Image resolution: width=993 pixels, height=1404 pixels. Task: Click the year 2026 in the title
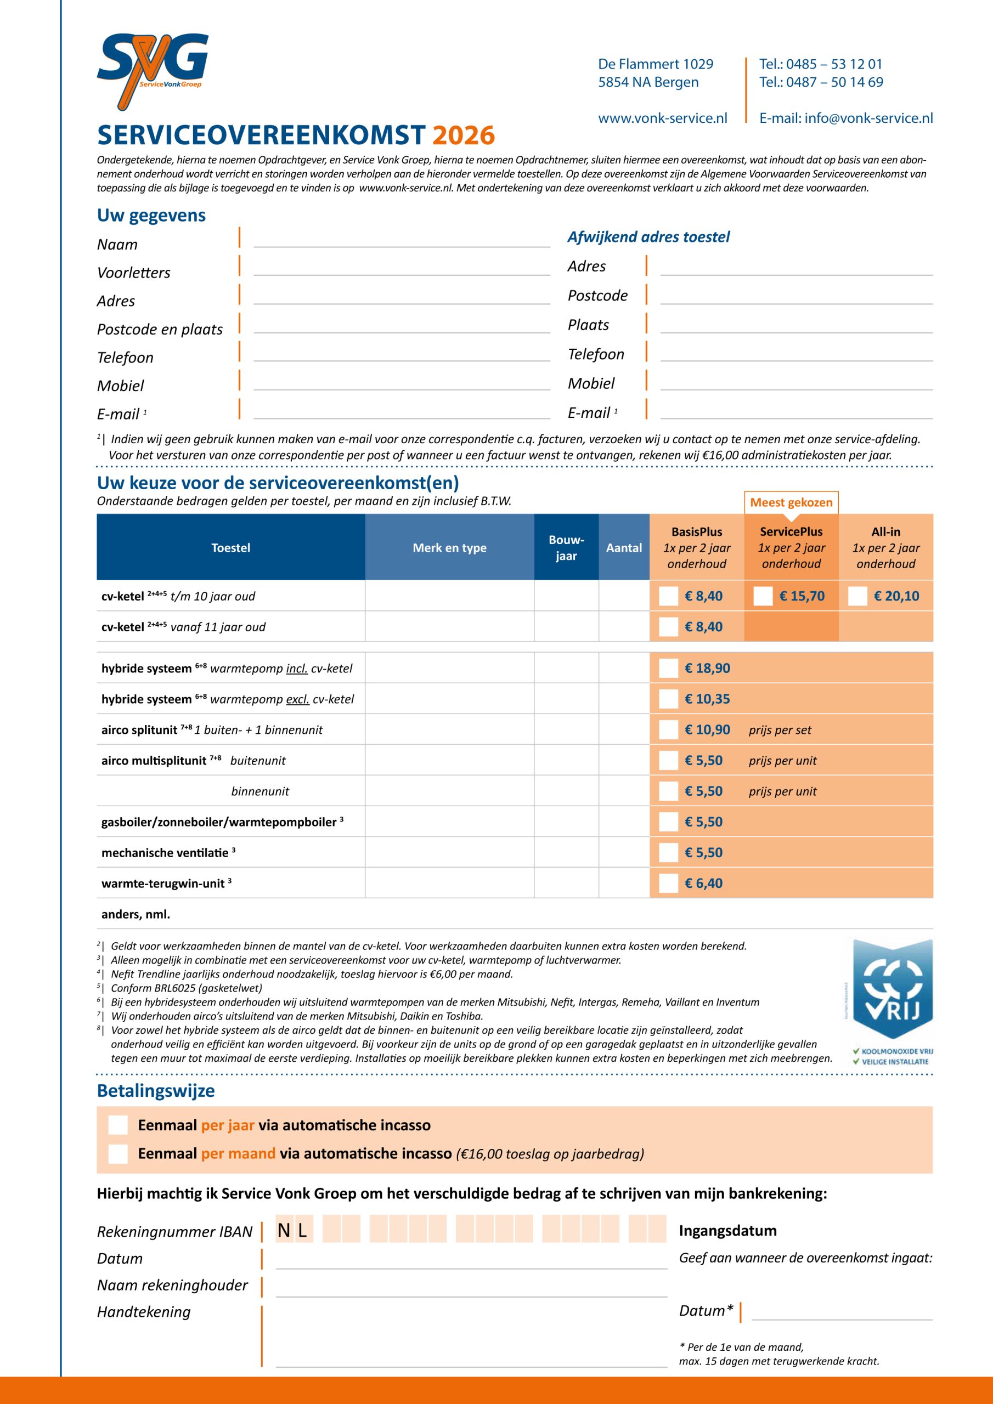463,135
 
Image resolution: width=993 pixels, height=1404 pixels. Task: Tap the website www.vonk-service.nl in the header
663,118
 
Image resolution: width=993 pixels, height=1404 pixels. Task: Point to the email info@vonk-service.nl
845,118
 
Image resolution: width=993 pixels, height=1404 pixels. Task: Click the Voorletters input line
402,269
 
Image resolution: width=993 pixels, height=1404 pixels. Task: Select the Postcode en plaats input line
402,326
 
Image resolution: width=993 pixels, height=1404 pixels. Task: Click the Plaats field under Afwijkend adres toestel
796,326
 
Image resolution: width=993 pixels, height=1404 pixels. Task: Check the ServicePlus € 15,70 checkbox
763,596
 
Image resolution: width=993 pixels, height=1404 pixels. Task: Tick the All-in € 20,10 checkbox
857,596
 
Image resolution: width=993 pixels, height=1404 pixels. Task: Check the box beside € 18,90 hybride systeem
668,669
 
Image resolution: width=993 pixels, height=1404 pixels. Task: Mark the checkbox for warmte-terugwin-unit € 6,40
668,883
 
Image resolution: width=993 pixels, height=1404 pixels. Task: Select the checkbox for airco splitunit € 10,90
668,729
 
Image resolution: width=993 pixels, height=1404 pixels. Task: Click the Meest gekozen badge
791,503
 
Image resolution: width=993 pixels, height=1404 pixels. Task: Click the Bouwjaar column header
566,548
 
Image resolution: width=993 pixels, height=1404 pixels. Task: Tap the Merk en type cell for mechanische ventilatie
449,852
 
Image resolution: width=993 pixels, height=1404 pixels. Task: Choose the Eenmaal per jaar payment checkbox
118,1125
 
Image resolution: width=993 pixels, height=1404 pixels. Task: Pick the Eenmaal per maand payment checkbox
118,1153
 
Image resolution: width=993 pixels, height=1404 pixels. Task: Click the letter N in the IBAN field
284,1230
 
